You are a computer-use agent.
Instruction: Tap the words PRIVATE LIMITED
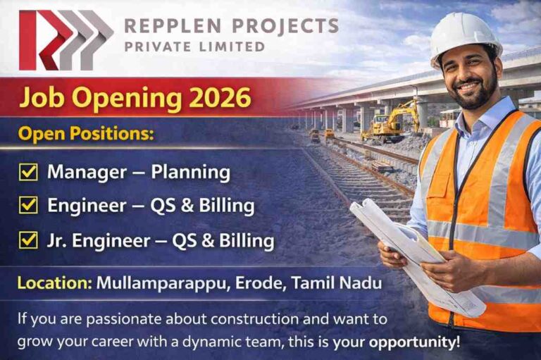pos(194,47)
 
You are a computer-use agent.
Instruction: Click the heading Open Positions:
pos(85,134)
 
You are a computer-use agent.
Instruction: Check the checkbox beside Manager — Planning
pos(29,171)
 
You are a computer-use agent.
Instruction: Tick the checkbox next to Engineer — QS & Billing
pos(29,206)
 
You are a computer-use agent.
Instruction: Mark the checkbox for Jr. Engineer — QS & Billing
pos(29,240)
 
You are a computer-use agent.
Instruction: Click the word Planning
pos(192,171)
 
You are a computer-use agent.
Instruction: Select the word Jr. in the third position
pos(59,240)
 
